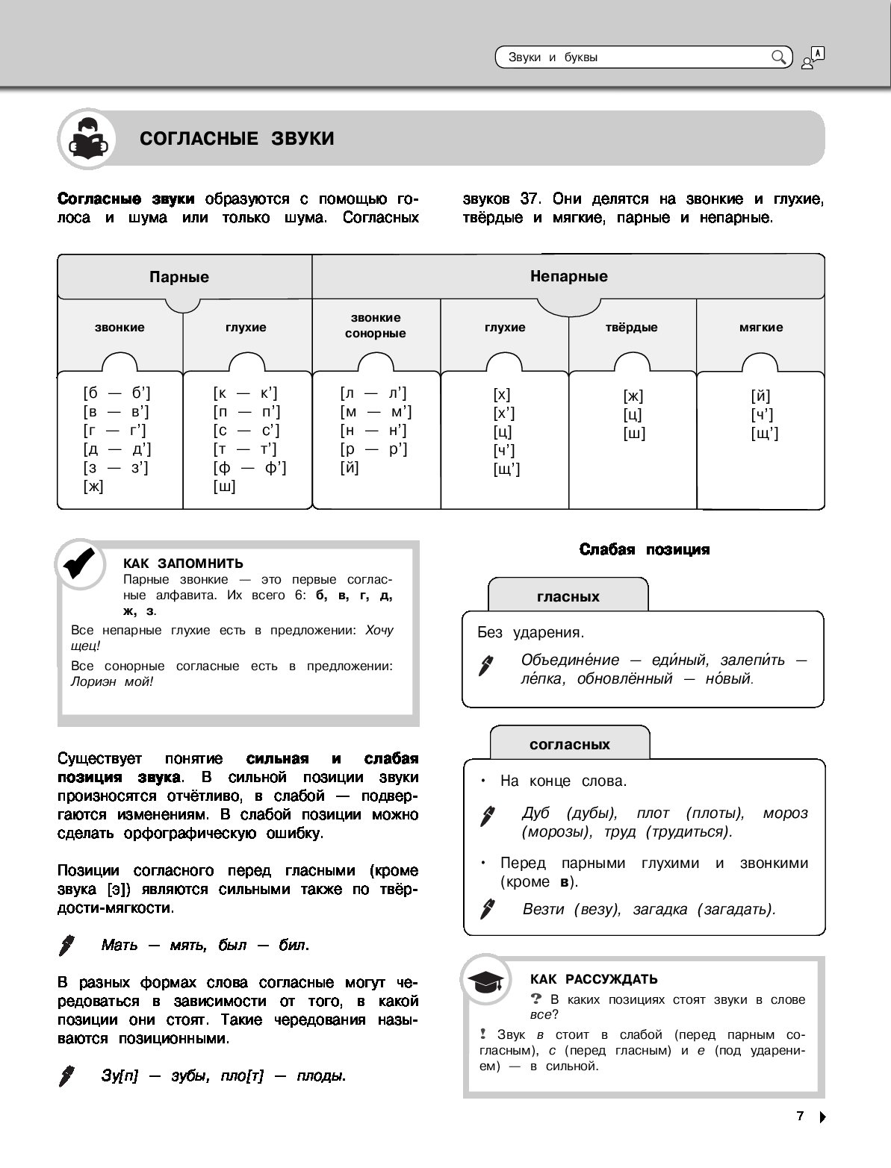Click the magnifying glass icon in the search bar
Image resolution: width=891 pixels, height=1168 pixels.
(x=778, y=57)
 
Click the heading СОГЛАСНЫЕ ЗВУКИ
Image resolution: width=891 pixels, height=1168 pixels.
(x=237, y=139)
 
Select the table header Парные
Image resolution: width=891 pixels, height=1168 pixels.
(x=179, y=277)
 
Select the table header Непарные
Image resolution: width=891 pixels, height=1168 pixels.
(x=568, y=276)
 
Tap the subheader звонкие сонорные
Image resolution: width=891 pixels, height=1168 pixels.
(x=375, y=325)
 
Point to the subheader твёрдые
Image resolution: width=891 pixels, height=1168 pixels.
(x=631, y=327)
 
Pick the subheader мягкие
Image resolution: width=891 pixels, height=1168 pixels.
(x=760, y=327)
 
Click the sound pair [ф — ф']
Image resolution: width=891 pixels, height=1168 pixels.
(x=249, y=468)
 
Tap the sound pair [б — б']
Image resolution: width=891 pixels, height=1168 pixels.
(x=118, y=393)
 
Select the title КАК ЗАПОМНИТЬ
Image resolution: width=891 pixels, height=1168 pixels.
(x=183, y=563)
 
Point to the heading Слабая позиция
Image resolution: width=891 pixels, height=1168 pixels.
(x=645, y=549)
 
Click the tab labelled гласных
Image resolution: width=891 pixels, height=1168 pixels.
(x=568, y=596)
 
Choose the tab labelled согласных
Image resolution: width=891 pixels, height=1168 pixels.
(x=569, y=744)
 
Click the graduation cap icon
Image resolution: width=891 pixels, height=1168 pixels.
(x=485, y=981)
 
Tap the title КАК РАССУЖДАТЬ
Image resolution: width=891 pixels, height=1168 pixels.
(x=593, y=979)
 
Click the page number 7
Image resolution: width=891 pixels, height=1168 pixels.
(x=800, y=1117)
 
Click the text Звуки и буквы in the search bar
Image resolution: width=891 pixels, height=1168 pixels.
(x=553, y=57)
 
